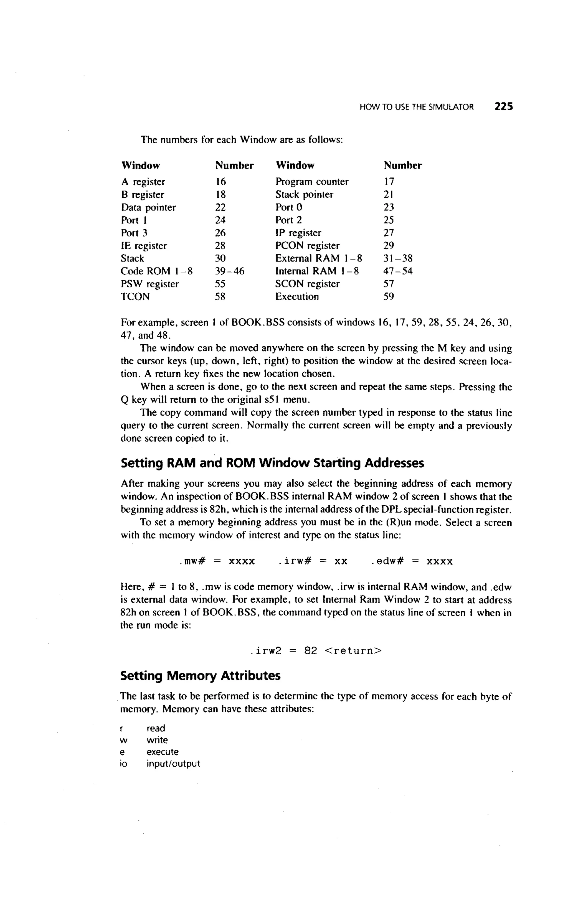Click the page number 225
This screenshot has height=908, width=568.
pos(503,107)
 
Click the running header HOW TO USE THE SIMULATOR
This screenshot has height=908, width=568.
pos(416,107)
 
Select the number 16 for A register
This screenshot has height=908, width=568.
pos(220,182)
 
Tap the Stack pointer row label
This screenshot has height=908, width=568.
pos(304,195)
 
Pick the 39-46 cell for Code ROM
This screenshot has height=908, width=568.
pos(229,271)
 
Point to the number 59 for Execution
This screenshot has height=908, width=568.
pos(389,297)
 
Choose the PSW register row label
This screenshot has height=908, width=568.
pos(149,284)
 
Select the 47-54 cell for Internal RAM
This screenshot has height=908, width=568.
pos(397,271)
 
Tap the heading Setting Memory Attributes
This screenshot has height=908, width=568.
pos(200,676)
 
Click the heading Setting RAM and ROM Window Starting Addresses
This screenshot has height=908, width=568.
pos(272,463)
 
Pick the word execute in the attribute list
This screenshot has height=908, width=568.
pos(162,752)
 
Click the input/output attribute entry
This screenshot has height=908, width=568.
pos(173,764)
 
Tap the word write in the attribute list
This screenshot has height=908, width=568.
pos(157,740)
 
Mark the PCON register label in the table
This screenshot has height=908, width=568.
pos(307,246)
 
